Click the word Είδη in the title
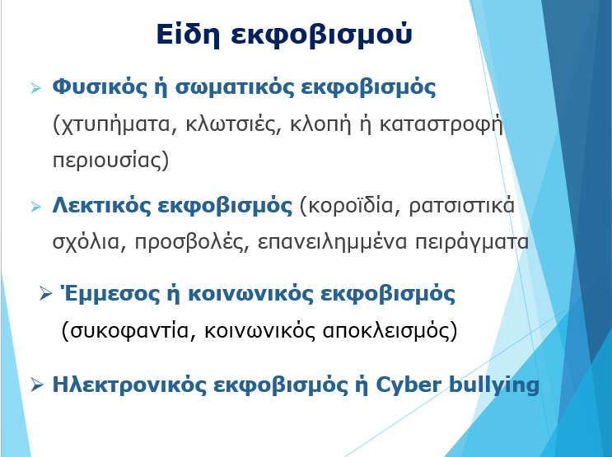click(188, 35)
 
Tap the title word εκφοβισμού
click(321, 35)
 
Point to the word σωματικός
click(235, 87)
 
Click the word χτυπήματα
click(112, 124)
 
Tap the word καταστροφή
click(441, 124)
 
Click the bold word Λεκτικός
click(101, 205)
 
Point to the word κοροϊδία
click(354, 206)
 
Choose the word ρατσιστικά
click(462, 206)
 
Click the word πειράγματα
click(471, 242)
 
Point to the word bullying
click(494, 385)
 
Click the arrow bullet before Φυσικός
click(35, 88)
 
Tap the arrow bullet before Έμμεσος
click(45, 293)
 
